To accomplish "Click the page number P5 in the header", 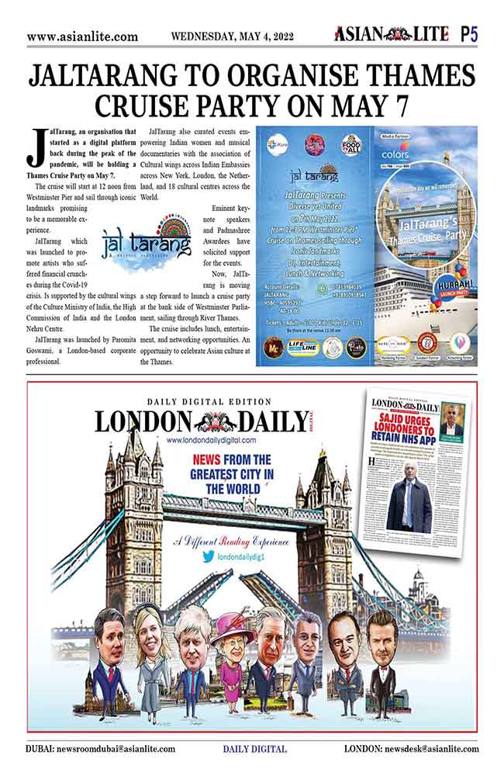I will (x=468, y=34).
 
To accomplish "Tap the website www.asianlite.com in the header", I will (x=82, y=36).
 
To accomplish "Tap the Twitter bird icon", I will (x=208, y=556).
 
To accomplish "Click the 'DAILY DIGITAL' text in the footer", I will (x=254, y=749).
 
